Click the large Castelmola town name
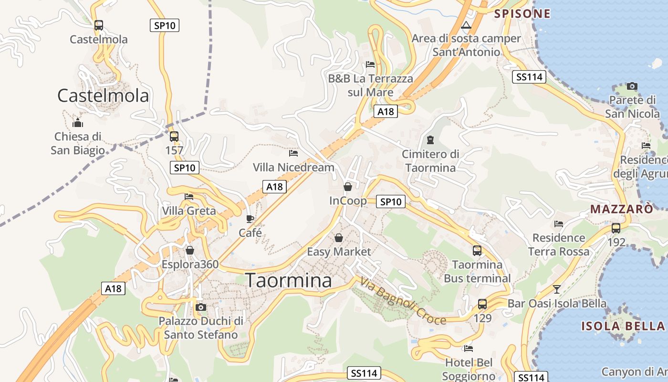(x=103, y=95)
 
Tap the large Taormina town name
(x=288, y=280)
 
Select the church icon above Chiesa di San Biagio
(x=78, y=123)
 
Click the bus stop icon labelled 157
(x=174, y=137)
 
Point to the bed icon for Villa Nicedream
(x=293, y=153)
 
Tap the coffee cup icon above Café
(x=250, y=219)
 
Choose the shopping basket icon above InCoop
(x=348, y=187)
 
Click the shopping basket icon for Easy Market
(x=339, y=237)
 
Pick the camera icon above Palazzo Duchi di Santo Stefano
(x=201, y=307)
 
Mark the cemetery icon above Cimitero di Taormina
(x=430, y=140)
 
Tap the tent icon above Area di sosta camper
(x=466, y=25)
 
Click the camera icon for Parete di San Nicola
(x=632, y=86)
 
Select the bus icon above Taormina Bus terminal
(x=477, y=250)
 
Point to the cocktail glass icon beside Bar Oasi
(x=557, y=289)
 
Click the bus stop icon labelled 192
(x=616, y=228)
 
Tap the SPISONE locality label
(x=522, y=13)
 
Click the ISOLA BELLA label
(x=623, y=326)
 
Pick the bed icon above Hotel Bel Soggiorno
(x=469, y=349)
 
